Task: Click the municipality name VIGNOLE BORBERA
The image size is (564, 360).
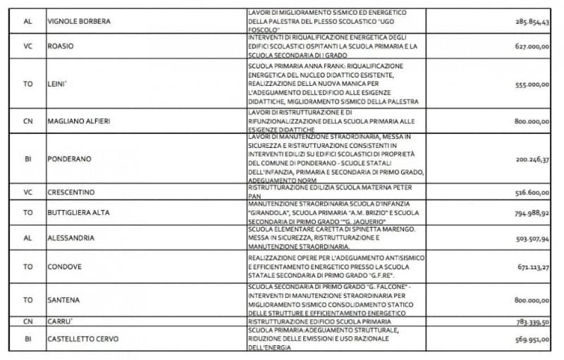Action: point(78,21)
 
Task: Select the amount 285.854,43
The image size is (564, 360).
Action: point(532,21)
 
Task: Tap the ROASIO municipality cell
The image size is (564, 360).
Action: point(61,46)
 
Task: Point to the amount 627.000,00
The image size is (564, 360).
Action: point(532,46)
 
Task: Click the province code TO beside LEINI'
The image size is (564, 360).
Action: point(28,84)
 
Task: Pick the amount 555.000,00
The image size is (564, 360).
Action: point(532,84)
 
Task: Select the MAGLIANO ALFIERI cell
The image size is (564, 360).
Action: point(81,121)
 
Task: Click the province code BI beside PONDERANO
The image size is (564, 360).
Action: point(28,159)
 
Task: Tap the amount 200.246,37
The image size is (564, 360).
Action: point(532,159)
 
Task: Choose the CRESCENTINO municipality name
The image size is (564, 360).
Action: point(71,192)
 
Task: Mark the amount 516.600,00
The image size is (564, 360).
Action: point(532,192)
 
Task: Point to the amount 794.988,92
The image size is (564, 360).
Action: point(532,212)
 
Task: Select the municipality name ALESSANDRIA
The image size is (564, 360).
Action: point(70,238)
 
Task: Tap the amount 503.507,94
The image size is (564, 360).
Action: point(532,238)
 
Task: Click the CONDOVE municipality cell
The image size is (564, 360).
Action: point(66,268)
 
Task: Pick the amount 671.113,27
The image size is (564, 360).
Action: point(532,268)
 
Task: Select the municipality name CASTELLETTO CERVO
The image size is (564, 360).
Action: point(83,339)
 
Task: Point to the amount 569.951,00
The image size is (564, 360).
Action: point(532,339)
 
